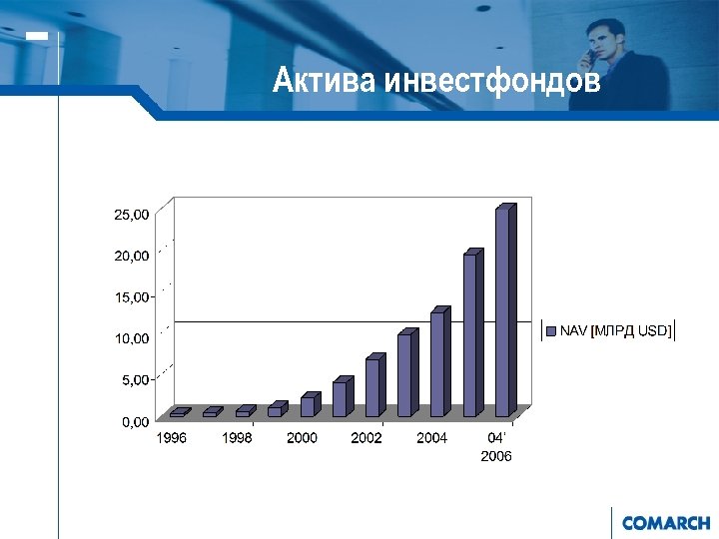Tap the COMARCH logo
click(x=665, y=522)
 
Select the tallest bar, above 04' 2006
click(x=502, y=310)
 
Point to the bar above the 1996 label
click(x=177, y=412)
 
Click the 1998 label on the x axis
click(x=237, y=438)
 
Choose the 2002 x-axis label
click(x=366, y=438)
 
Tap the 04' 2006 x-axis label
click(x=496, y=447)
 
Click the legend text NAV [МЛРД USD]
click(x=615, y=330)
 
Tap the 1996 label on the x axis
click(x=171, y=438)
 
